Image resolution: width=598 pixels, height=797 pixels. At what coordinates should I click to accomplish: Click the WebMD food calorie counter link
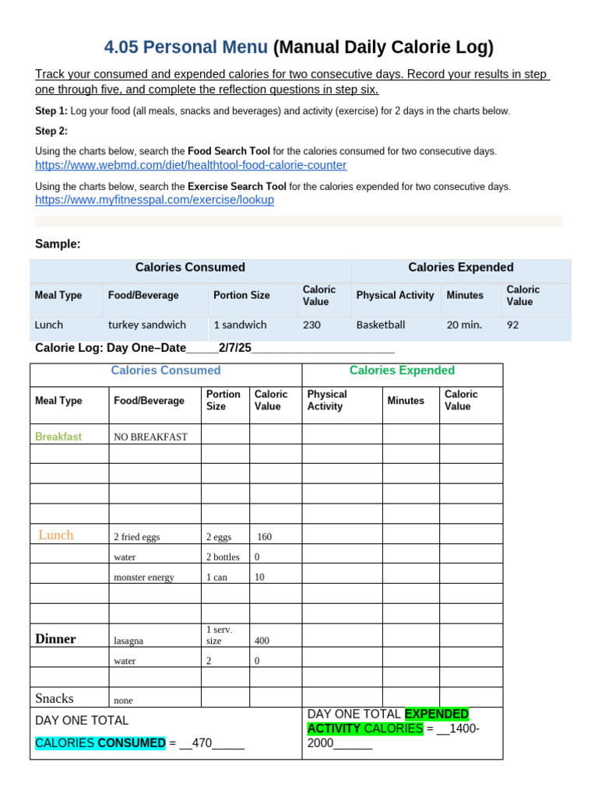point(191,166)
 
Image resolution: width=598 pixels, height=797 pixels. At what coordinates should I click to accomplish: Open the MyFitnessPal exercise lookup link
point(154,200)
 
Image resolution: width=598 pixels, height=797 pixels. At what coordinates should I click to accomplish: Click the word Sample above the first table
point(58,244)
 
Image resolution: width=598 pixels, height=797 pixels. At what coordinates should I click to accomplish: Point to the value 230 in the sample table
point(311,325)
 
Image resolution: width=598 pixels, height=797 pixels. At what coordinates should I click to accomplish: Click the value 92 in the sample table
point(512,325)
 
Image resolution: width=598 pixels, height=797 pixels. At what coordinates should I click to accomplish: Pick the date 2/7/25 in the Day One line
point(235,348)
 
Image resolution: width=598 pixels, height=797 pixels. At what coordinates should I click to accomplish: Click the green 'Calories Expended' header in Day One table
point(402,370)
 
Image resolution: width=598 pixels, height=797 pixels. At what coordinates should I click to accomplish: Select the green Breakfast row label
point(58,437)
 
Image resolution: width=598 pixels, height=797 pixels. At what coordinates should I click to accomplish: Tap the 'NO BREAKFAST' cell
point(150,437)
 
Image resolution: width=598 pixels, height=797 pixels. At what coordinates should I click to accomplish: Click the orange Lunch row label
point(56,535)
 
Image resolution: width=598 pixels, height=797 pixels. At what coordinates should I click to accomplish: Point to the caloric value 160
point(265,537)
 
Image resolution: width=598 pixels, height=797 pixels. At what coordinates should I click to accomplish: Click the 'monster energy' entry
point(144,578)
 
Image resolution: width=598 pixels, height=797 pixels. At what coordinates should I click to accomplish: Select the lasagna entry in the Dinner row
point(128,641)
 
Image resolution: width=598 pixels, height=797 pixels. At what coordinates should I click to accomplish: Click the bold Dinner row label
point(55,639)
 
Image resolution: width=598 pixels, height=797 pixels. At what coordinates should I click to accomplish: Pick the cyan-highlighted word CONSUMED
point(132,743)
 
